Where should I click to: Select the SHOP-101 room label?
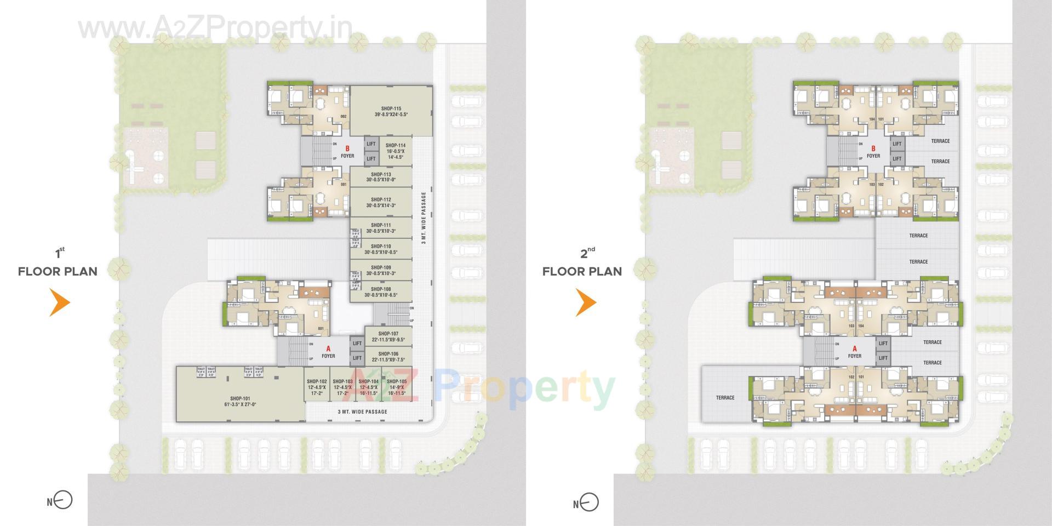[240, 398]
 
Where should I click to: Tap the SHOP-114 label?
[395, 145]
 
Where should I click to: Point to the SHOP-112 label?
[381, 199]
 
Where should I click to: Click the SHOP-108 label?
[381, 289]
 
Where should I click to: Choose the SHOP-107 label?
[388, 333]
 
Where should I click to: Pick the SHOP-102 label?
[317, 381]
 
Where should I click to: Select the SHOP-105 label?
[396, 381]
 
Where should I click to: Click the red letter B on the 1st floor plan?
[347, 148]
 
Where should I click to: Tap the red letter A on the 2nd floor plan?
[854, 348]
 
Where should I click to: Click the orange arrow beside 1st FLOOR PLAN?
[60, 302]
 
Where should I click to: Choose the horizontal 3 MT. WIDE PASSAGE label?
[362, 411]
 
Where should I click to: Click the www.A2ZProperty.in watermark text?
[215, 27]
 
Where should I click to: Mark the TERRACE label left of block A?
[725, 398]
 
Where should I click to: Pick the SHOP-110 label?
[381, 246]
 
